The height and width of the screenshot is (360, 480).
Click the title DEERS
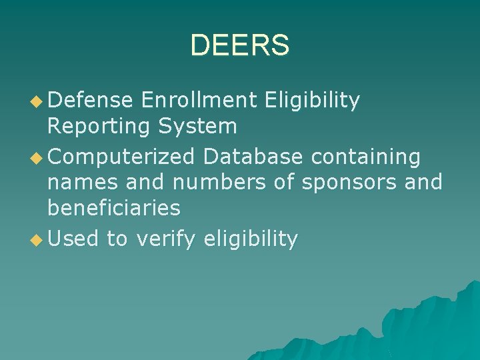(239, 45)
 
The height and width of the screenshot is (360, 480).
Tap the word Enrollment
(199, 100)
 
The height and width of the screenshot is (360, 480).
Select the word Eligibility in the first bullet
(312, 101)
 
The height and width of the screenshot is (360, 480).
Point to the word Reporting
(99, 126)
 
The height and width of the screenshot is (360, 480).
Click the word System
(198, 126)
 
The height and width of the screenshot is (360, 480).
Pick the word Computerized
(121, 157)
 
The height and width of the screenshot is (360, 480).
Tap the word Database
(253, 157)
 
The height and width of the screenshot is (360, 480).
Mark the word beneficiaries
(114, 207)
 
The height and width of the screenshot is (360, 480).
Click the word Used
(73, 238)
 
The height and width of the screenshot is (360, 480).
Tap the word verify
(166, 239)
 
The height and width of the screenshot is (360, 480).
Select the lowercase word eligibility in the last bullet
(251, 239)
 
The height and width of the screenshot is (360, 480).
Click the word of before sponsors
(283, 182)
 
